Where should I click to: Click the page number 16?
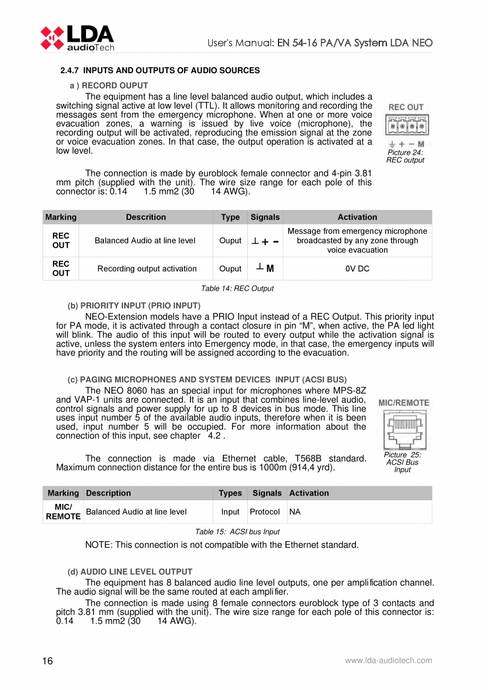48,660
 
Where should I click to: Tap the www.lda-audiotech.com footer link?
388,660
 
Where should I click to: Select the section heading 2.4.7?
160,70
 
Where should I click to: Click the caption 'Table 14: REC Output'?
237,289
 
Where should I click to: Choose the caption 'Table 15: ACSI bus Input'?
238,531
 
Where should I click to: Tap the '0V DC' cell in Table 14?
357,268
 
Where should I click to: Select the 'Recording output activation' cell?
146,268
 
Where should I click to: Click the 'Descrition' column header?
146,217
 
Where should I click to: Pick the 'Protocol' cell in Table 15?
265,512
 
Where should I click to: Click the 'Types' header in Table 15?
230,493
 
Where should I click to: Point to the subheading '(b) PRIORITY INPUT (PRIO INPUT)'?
134,305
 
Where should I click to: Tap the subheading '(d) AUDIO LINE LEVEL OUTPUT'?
129,572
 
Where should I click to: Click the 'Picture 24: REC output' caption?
405,156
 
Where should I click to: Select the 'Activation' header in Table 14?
357,217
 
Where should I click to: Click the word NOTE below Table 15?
97,545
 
